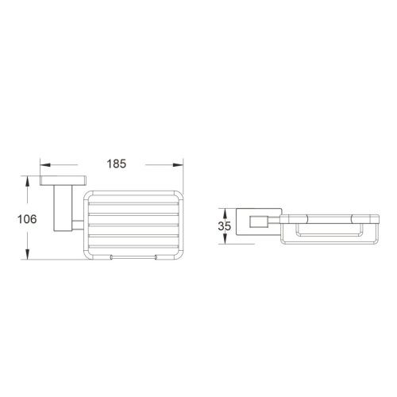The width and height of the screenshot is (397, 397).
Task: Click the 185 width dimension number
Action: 115,164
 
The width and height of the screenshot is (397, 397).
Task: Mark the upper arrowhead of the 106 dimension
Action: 29,181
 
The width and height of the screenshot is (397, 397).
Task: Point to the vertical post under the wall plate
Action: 60,206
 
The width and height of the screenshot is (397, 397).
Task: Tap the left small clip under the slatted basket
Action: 111,257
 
